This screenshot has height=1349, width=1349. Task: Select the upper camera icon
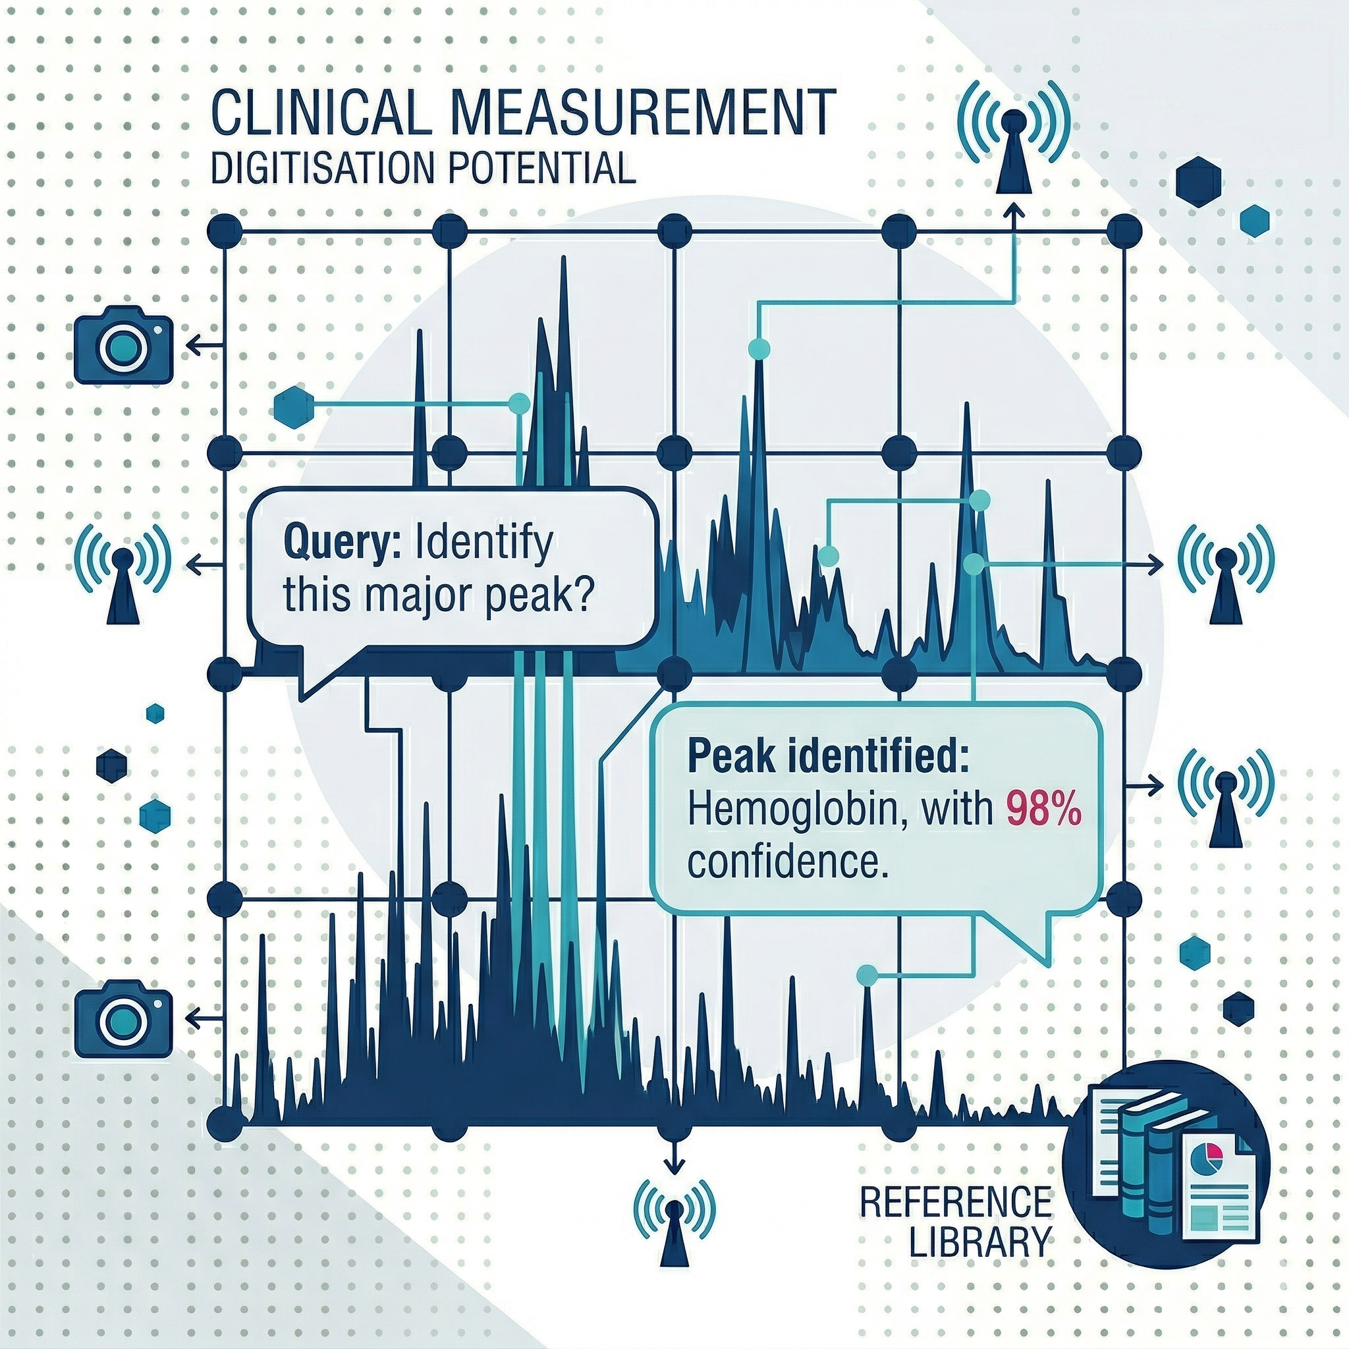pos(123,346)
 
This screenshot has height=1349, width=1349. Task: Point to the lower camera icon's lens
pos(123,1022)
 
